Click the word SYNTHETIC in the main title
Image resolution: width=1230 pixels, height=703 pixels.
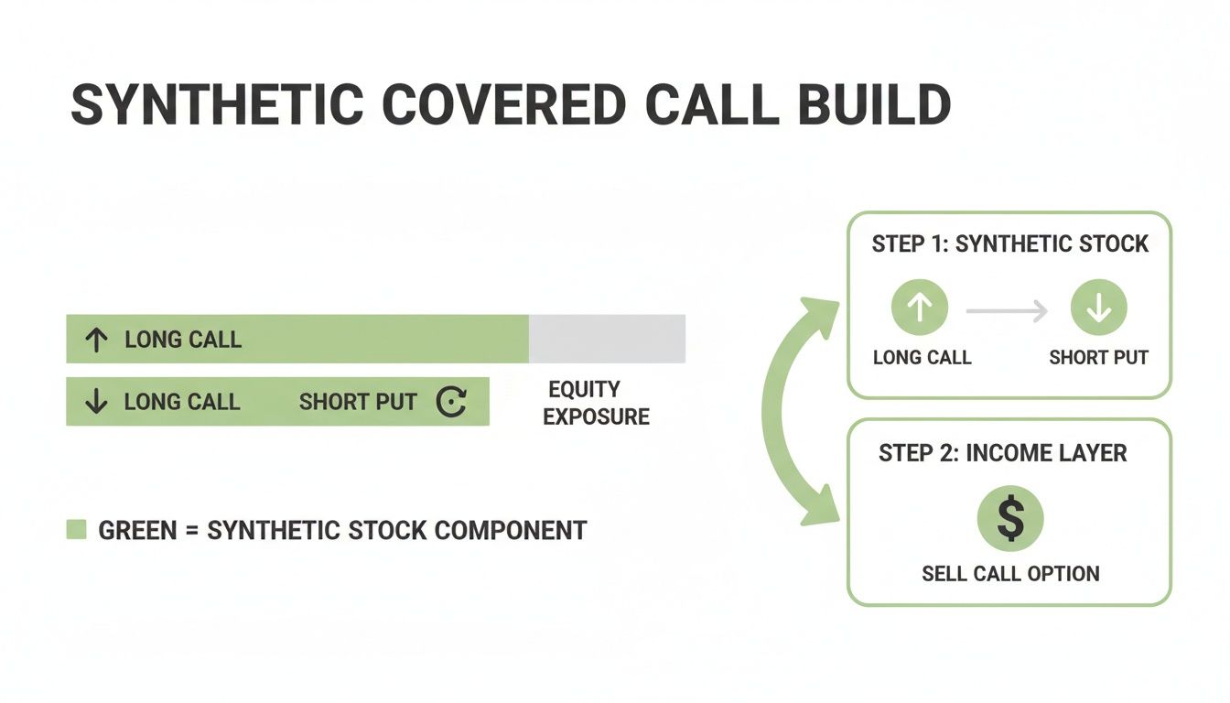pyautogui.click(x=216, y=105)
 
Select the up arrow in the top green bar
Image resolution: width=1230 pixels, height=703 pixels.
pyautogui.click(x=95, y=340)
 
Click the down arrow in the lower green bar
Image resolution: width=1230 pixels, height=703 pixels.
pyautogui.click(x=95, y=402)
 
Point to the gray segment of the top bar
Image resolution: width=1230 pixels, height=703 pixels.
pyautogui.click(x=607, y=339)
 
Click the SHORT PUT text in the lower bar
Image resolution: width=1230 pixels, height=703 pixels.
pyautogui.click(x=358, y=402)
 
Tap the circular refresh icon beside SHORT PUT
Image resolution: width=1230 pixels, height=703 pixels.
pyautogui.click(x=451, y=402)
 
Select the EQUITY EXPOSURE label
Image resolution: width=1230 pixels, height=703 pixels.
pyautogui.click(x=596, y=403)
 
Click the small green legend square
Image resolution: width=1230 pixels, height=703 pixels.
pyautogui.click(x=77, y=529)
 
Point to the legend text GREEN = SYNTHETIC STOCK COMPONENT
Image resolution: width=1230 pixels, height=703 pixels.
pyautogui.click(x=342, y=530)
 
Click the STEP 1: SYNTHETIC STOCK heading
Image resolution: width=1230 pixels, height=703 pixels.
pyautogui.click(x=1009, y=244)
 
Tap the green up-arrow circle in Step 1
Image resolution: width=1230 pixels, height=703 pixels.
pyautogui.click(x=920, y=308)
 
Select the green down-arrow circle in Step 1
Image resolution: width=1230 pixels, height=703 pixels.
pyautogui.click(x=1098, y=308)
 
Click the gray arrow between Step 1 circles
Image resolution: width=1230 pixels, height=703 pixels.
pyautogui.click(x=1007, y=312)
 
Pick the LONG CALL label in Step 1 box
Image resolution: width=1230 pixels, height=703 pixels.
pyautogui.click(x=922, y=357)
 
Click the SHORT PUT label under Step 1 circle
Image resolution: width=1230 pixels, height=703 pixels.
pyautogui.click(x=1098, y=357)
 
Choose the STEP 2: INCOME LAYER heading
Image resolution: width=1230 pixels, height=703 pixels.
pyautogui.click(x=1003, y=453)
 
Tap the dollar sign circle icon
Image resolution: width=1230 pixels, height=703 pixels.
pyautogui.click(x=1010, y=517)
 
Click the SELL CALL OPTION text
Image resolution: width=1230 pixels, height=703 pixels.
pyautogui.click(x=1010, y=574)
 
